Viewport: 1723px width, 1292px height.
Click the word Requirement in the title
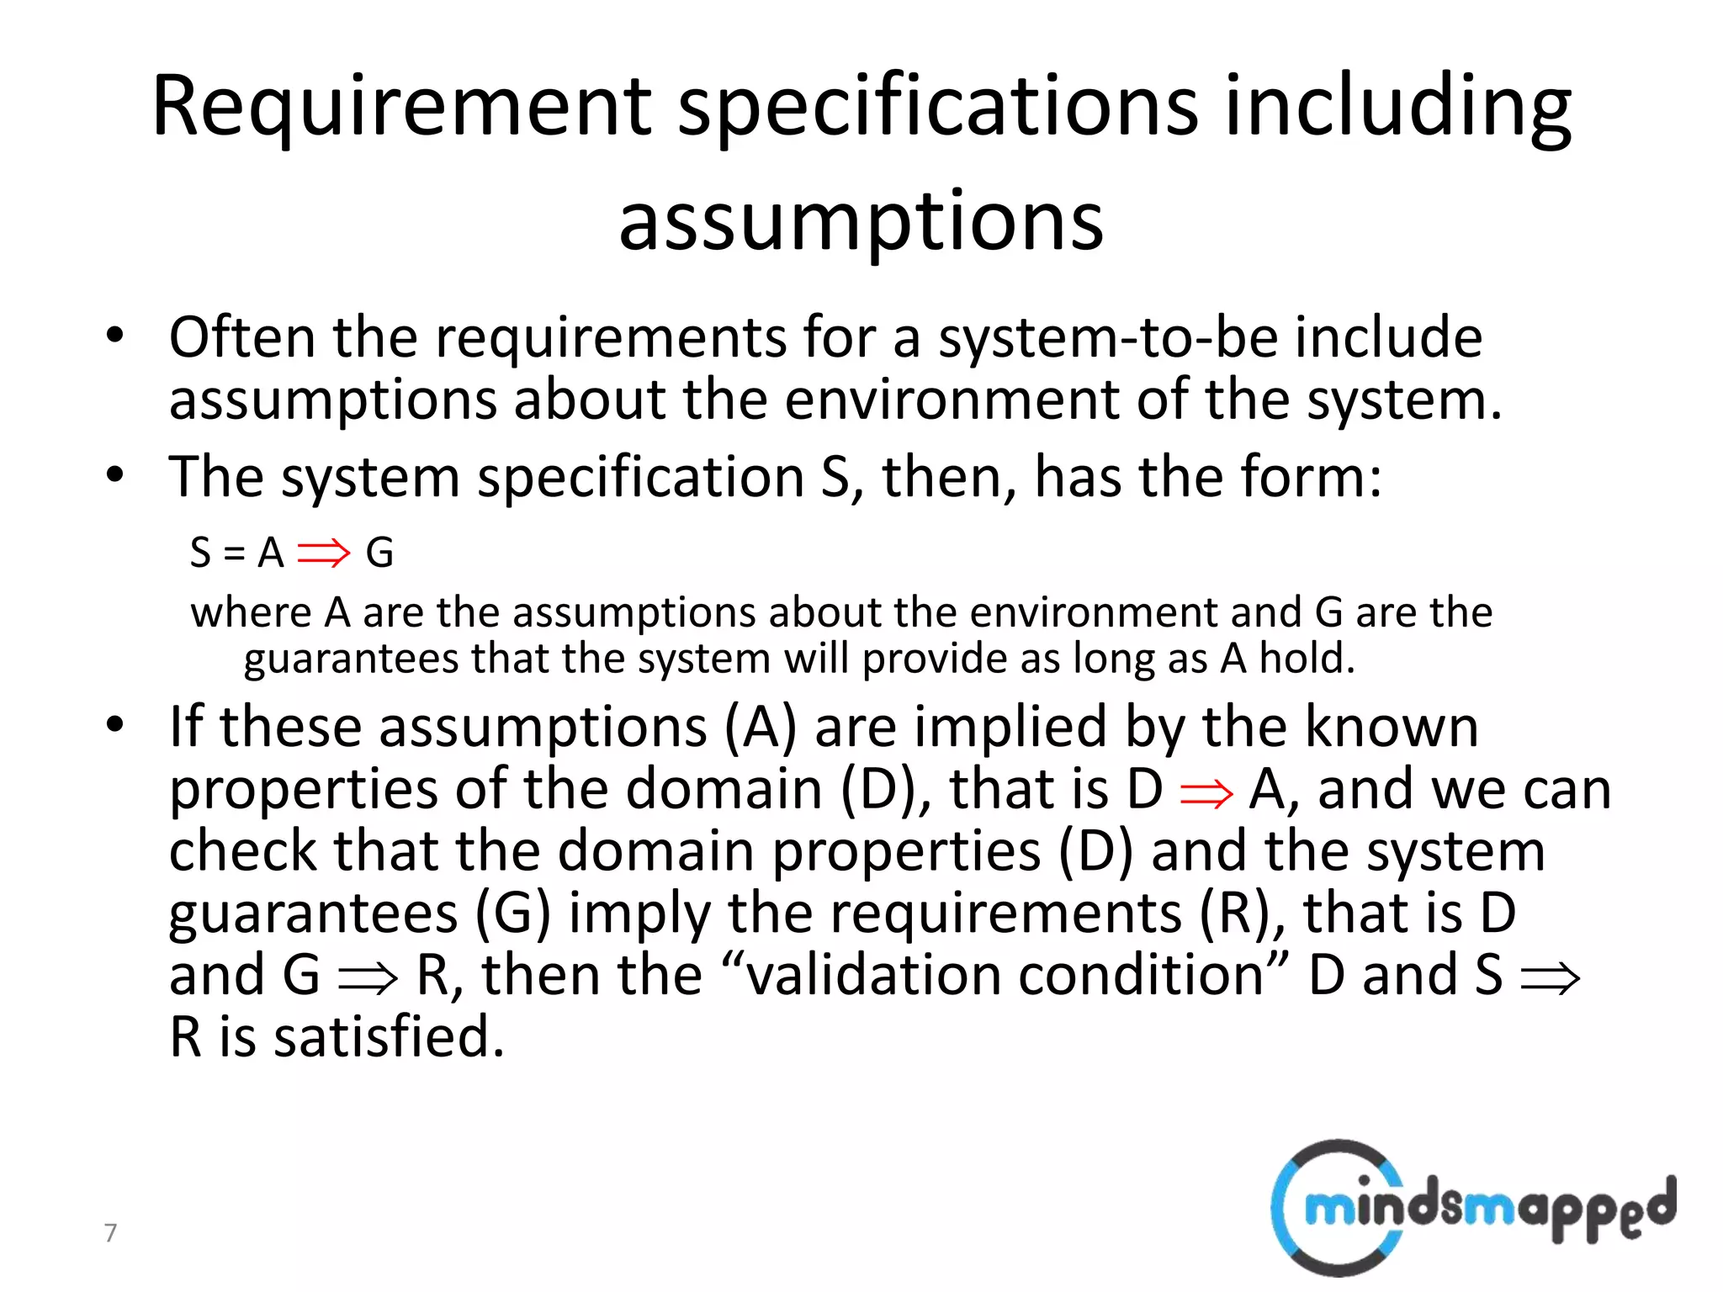[401, 107]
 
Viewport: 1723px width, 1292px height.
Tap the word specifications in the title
[937, 107]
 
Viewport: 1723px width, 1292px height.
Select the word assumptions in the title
[861, 221]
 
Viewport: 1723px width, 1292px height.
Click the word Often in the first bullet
[242, 337]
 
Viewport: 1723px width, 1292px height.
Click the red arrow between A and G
[324, 553]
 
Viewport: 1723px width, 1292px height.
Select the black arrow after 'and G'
[367, 978]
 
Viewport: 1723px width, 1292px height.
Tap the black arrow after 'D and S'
[1551, 978]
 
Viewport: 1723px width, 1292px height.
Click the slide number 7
[110, 1232]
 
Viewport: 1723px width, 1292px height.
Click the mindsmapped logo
[1471, 1208]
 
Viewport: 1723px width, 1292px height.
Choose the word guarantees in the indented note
[351, 659]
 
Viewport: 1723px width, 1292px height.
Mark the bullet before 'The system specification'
[115, 475]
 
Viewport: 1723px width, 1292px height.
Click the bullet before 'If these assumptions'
[115, 725]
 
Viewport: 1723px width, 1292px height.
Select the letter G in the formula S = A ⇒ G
[379, 553]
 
